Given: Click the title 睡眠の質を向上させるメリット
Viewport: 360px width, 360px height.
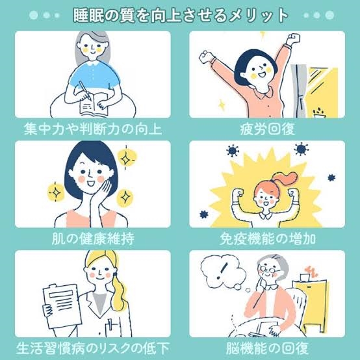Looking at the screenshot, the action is [181, 16].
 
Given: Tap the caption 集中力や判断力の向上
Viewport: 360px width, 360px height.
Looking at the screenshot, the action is [93, 129].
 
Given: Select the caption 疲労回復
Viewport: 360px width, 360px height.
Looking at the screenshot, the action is [268, 129].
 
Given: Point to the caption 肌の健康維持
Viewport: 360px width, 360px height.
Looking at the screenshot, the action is [93, 238].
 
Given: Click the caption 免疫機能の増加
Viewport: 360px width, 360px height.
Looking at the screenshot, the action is [268, 238].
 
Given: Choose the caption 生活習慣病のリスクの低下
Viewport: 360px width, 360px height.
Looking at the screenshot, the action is [93, 348].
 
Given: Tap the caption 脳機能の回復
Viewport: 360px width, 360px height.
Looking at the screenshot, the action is [268, 348].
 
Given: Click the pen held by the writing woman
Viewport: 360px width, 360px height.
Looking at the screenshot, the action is [84, 90].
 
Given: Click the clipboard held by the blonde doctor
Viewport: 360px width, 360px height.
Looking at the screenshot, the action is [62, 306].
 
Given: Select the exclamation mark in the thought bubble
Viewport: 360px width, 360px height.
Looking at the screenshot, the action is [222, 270].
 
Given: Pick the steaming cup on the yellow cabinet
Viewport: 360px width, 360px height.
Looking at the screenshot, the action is [305, 277].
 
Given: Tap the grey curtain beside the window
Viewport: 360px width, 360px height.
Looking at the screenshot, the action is [299, 90].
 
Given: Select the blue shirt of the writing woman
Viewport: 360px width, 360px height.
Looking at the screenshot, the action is [94, 77].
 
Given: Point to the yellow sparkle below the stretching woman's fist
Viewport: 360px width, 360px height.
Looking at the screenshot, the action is [222, 105].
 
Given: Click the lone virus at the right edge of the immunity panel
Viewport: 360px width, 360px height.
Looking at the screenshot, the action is [331, 177].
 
